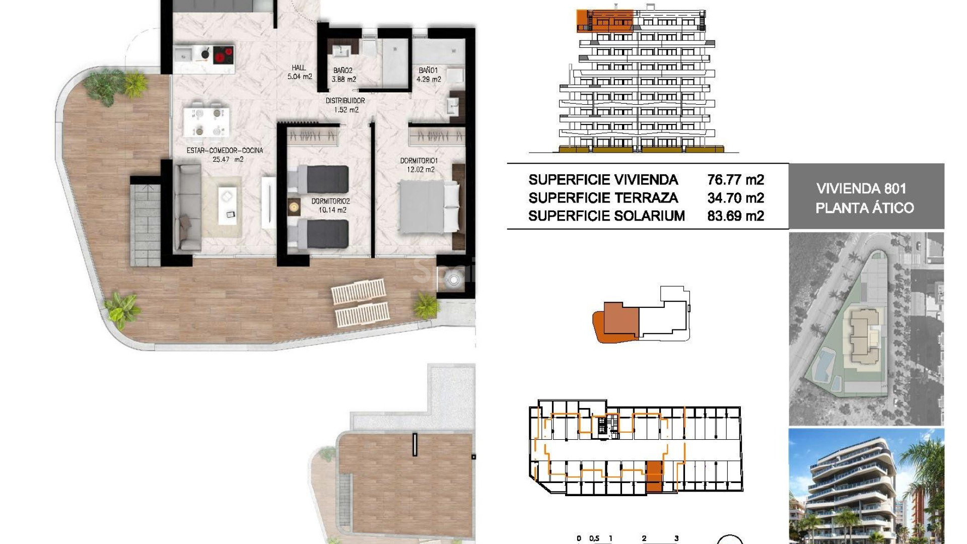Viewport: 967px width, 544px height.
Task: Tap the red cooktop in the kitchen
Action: tap(224, 55)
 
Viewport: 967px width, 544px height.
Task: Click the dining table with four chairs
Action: tap(208, 122)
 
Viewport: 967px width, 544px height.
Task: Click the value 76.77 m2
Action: tap(735, 180)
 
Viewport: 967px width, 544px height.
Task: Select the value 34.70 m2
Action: tap(735, 198)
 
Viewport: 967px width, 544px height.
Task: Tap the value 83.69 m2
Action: tap(735, 216)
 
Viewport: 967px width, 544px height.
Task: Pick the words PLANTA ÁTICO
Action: tap(865, 208)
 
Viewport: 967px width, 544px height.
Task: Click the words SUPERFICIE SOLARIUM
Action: tap(606, 216)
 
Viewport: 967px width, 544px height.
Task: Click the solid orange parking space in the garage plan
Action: tap(654, 477)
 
